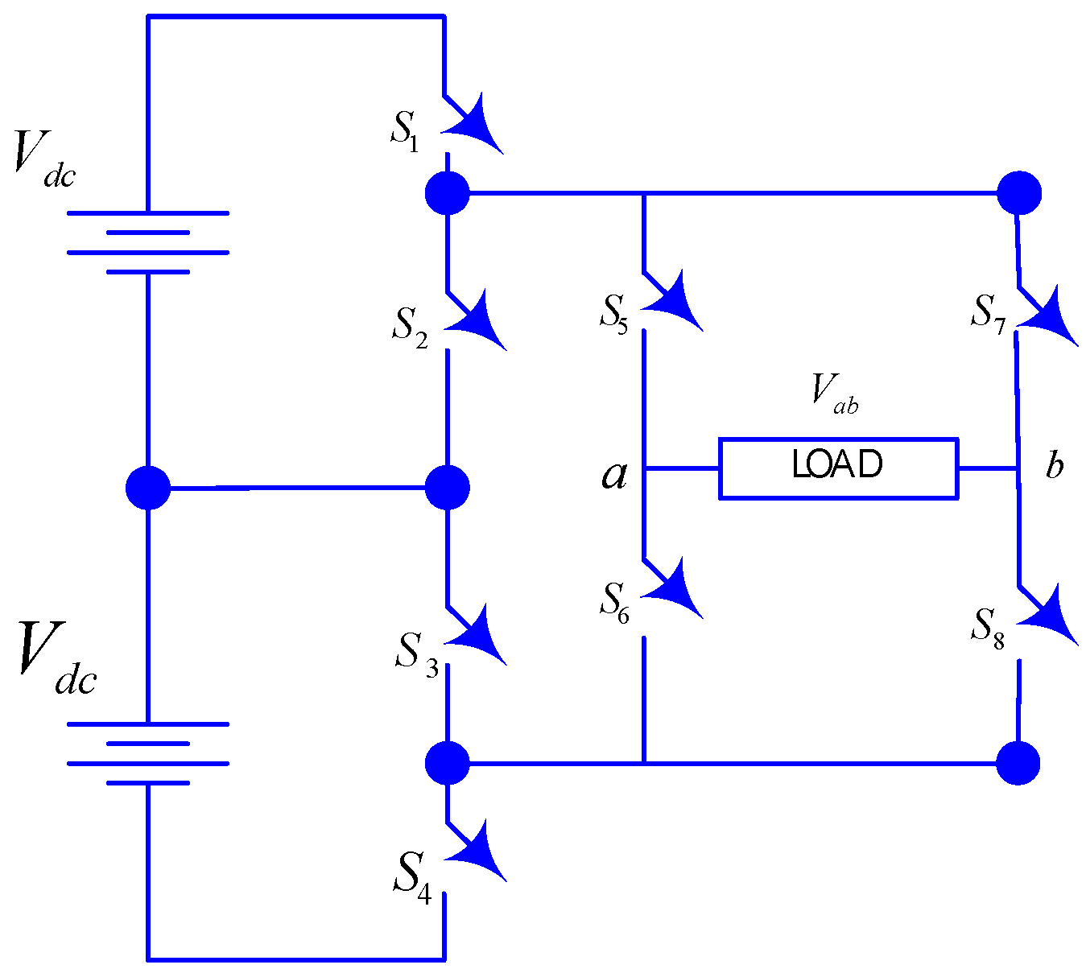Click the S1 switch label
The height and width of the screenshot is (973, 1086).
(405, 129)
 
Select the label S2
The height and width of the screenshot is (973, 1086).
(410, 325)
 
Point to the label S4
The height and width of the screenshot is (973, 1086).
(412, 875)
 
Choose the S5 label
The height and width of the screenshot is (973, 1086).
(613, 312)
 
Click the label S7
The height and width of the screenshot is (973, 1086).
(988, 312)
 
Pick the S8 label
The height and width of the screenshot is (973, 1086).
(988, 625)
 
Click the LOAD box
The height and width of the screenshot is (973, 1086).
(838, 468)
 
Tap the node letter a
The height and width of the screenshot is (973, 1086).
(614, 475)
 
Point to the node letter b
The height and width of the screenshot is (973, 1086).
(1054, 466)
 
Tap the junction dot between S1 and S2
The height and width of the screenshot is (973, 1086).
(447, 193)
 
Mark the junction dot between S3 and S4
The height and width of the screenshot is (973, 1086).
(447, 762)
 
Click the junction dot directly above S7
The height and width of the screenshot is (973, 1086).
(1019, 193)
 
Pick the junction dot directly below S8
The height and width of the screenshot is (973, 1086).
(1018, 762)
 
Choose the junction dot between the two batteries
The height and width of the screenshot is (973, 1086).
(148, 488)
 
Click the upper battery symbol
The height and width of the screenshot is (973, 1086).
(148, 242)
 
